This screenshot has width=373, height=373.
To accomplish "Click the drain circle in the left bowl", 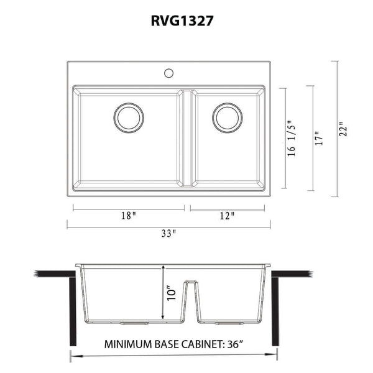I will click(129, 117).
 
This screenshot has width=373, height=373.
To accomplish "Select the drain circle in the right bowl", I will click(227, 117).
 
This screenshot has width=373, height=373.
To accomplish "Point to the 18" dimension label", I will click(128, 216).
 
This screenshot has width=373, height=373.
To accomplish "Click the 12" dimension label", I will click(227, 216).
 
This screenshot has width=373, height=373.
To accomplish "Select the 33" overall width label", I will click(169, 234).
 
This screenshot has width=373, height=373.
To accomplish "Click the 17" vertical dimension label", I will click(319, 138).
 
